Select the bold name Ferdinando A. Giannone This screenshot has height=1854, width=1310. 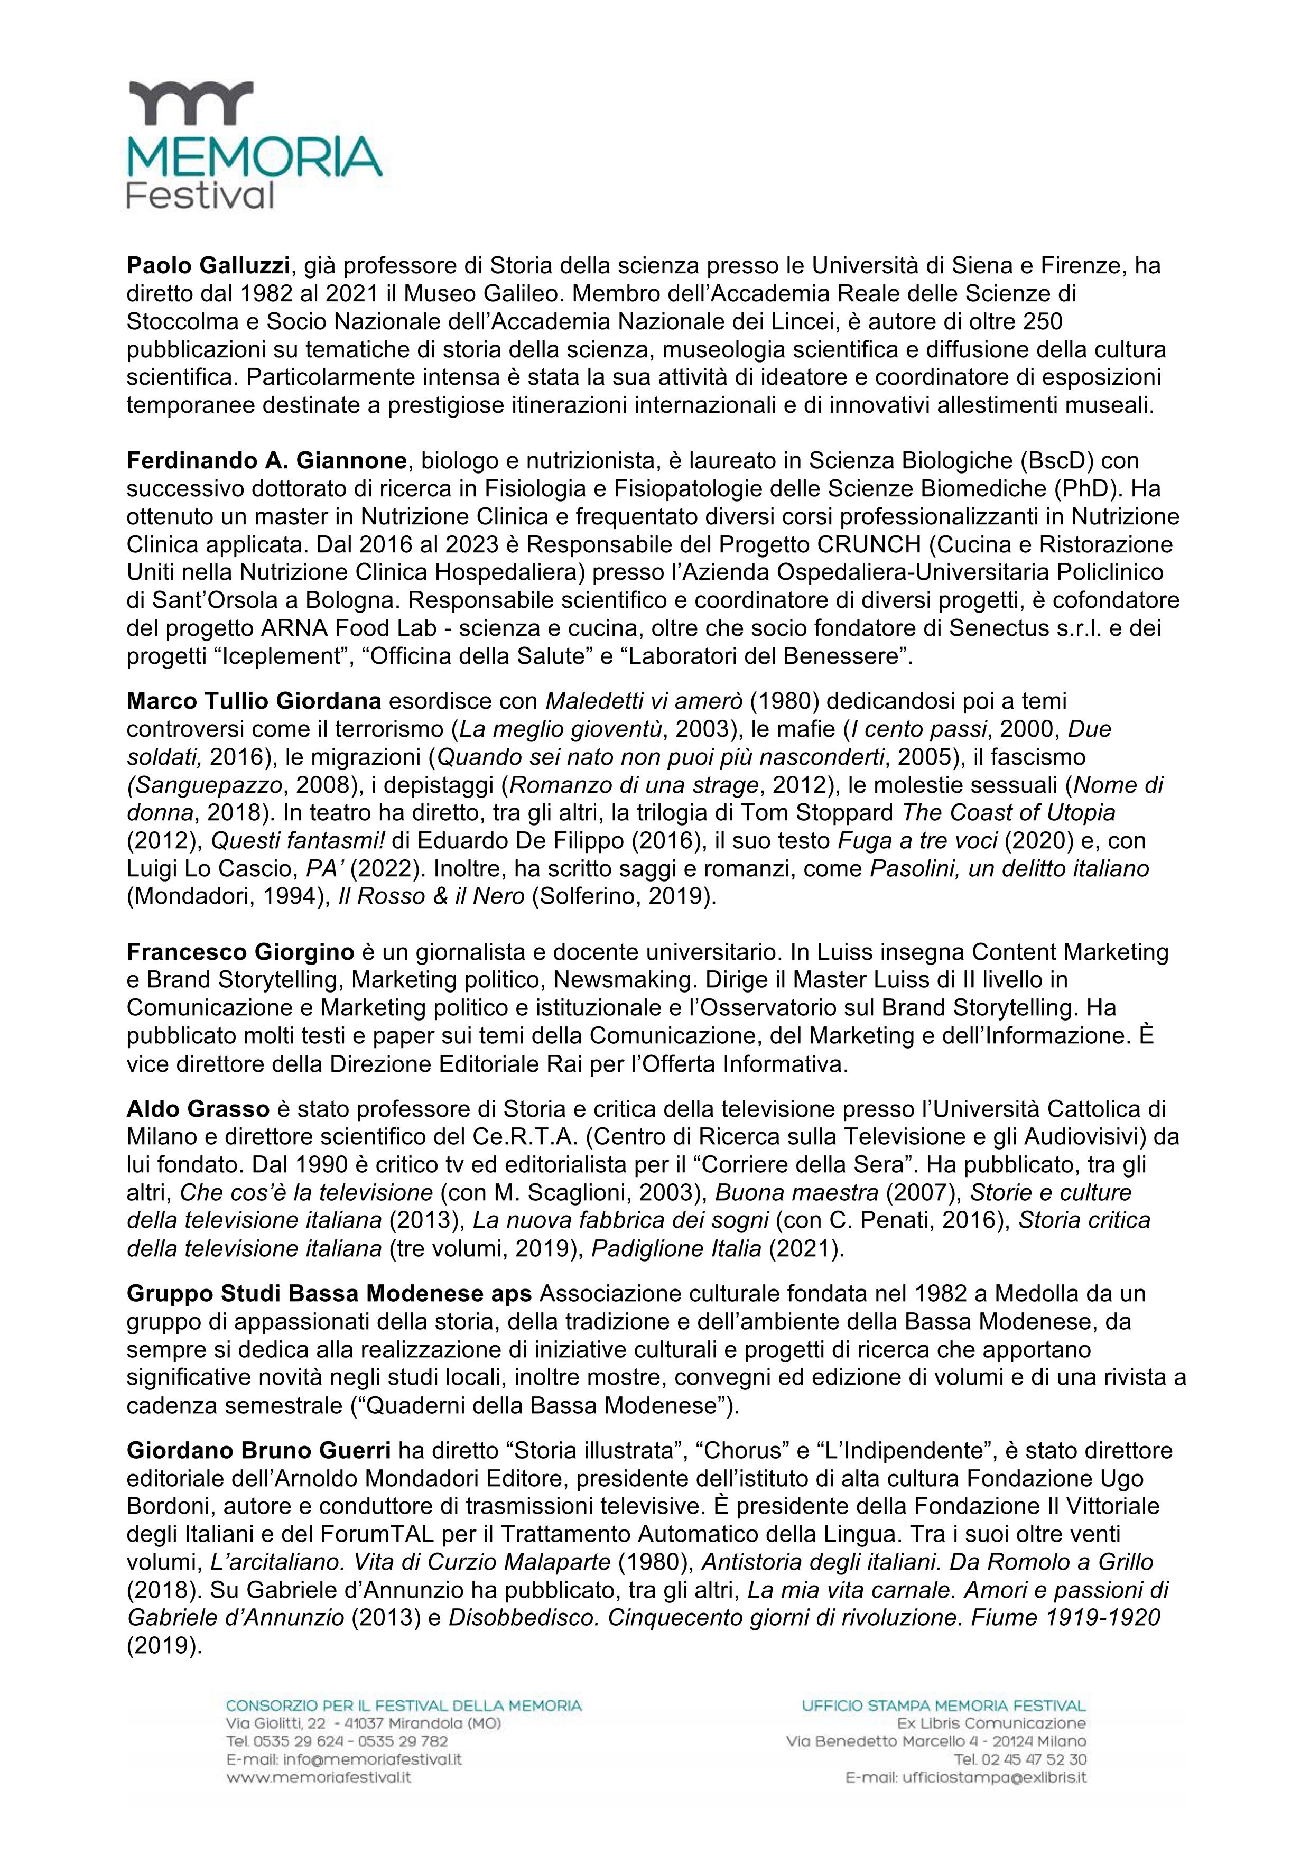click(266, 461)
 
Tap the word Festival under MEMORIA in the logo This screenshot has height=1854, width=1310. click(200, 196)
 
